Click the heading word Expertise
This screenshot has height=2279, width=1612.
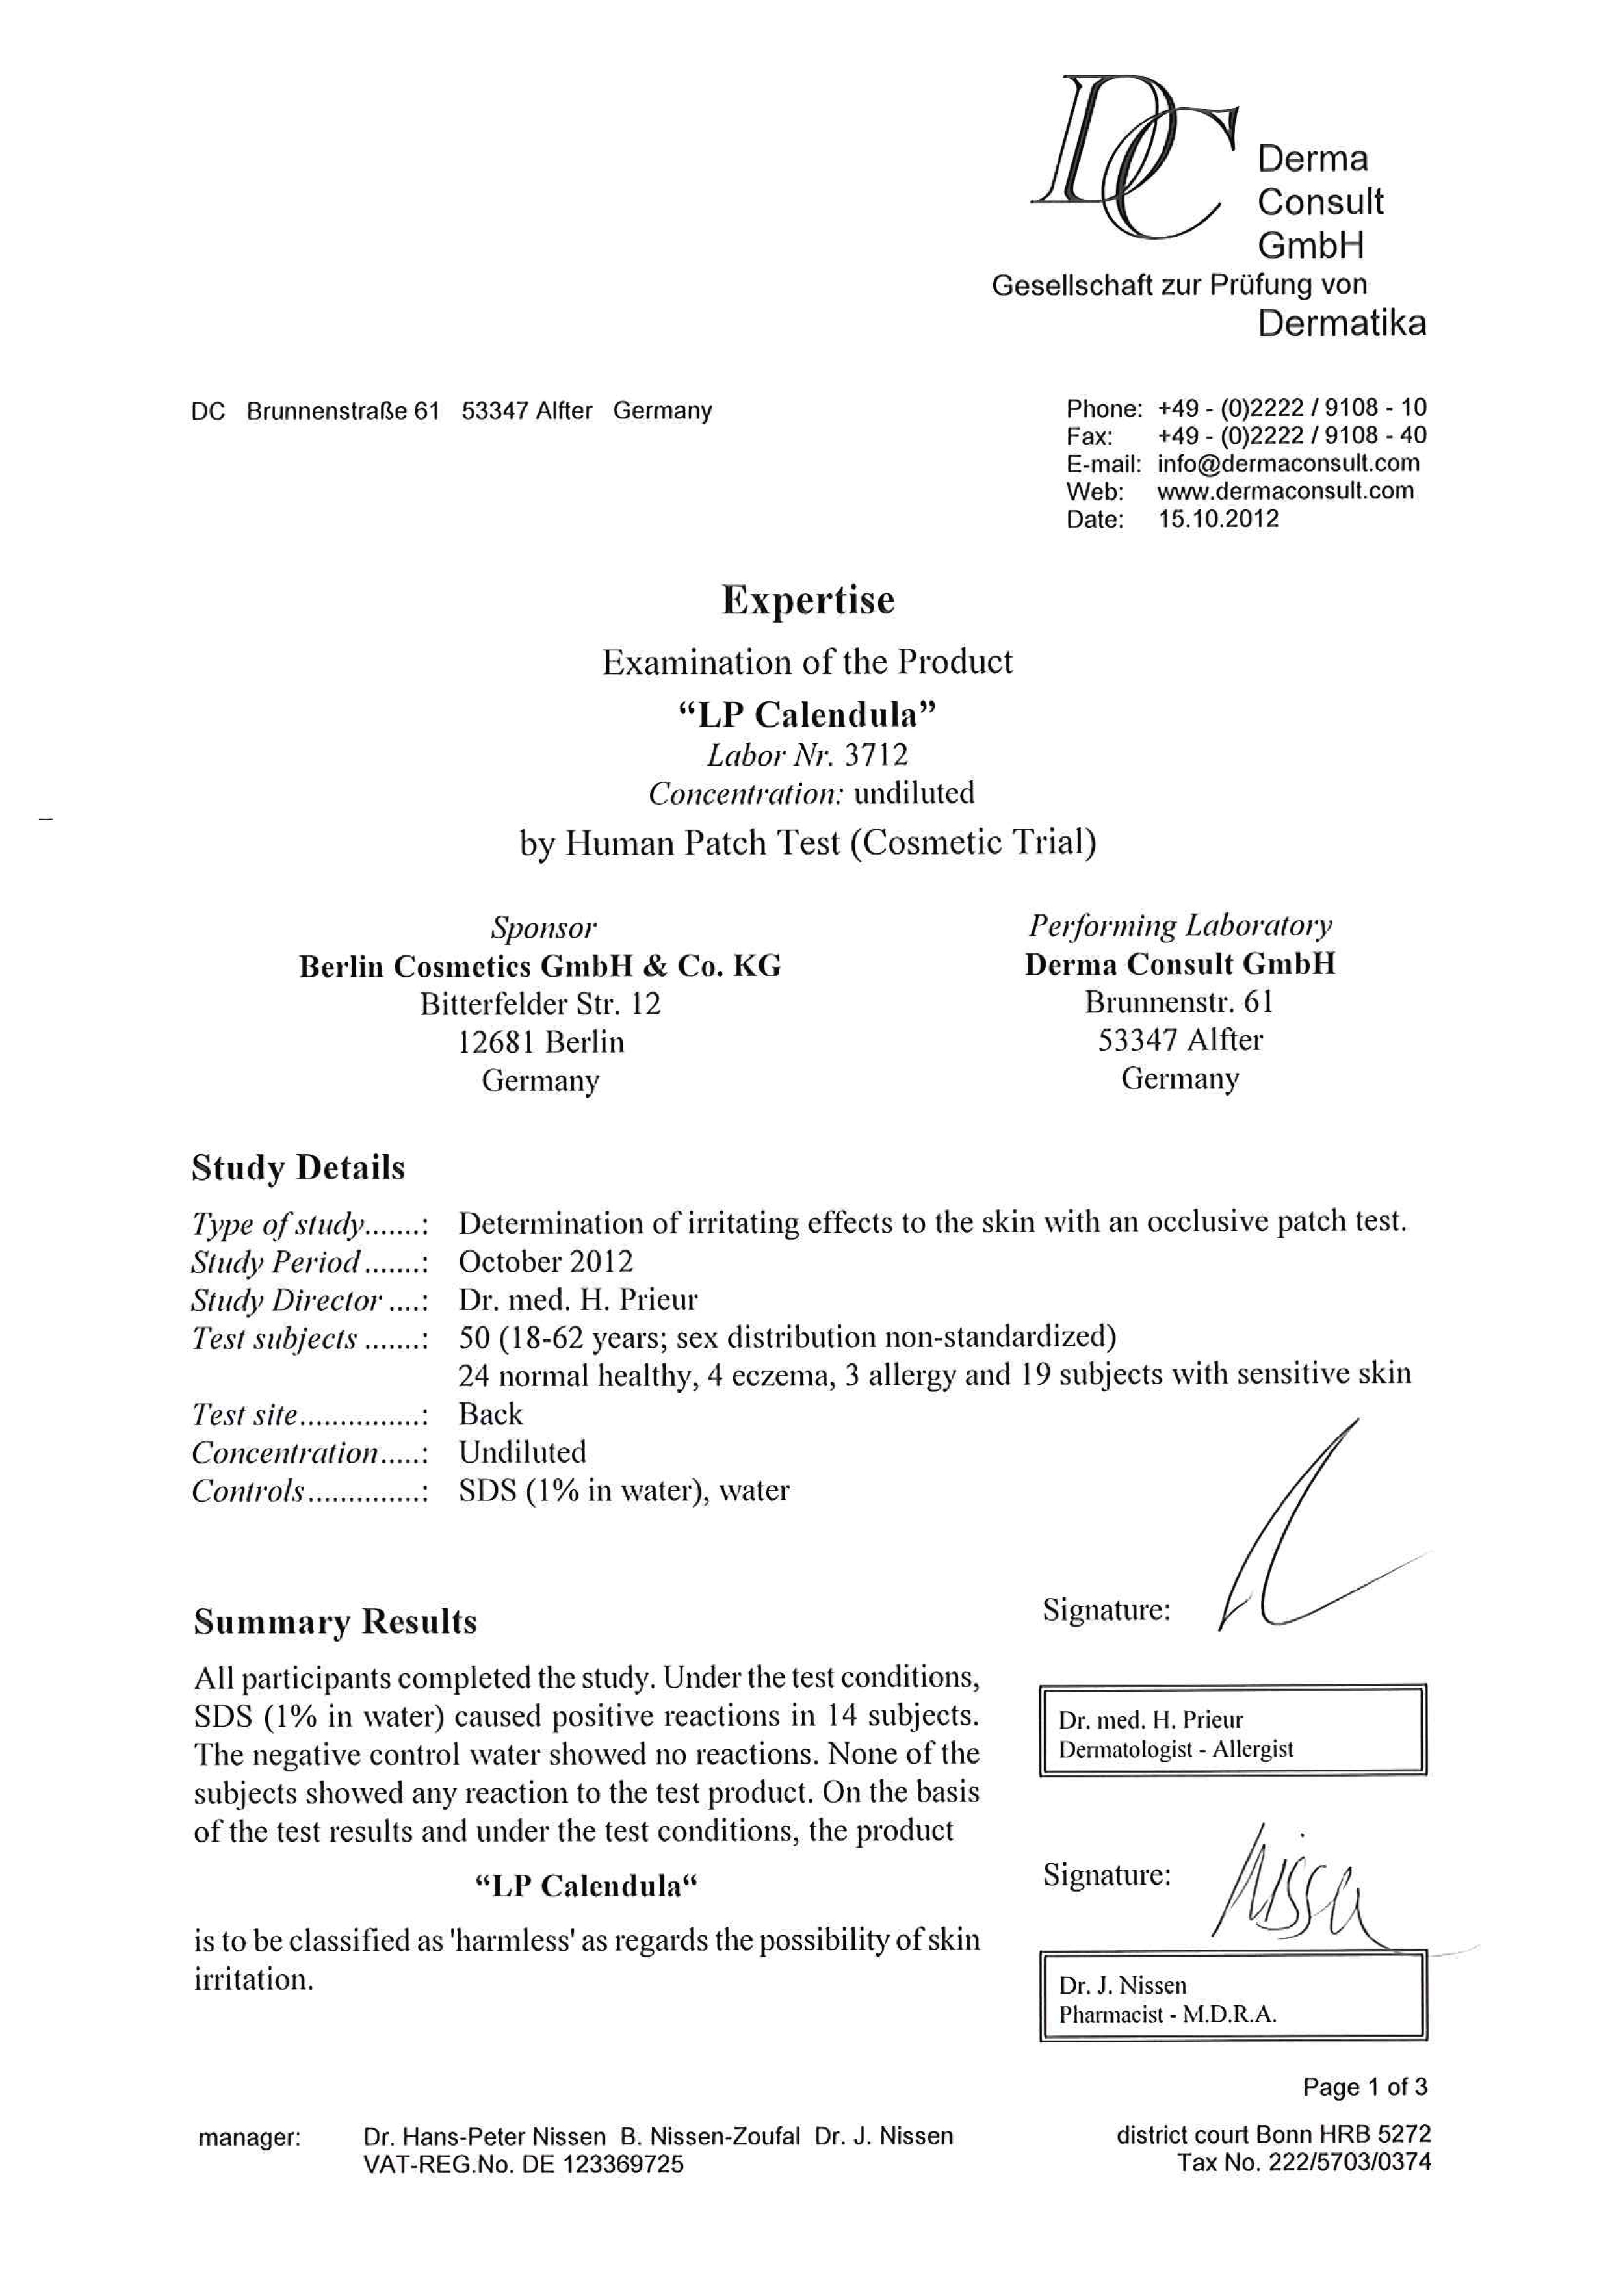(x=807, y=600)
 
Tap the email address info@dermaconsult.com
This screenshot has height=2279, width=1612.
(x=1288, y=463)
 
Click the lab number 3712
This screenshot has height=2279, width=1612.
(x=876, y=754)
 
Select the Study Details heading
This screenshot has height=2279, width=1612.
(x=298, y=1167)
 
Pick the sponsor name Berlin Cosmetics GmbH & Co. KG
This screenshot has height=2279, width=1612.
(x=540, y=966)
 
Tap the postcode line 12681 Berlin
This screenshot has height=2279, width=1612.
(x=540, y=1042)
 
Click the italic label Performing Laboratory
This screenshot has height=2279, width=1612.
(x=1180, y=925)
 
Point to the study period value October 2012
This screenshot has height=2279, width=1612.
(x=545, y=1261)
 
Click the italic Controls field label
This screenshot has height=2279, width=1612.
(x=248, y=1491)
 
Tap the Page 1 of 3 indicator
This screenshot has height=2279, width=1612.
(x=1365, y=2087)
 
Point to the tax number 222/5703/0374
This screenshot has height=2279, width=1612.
(x=1349, y=2162)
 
